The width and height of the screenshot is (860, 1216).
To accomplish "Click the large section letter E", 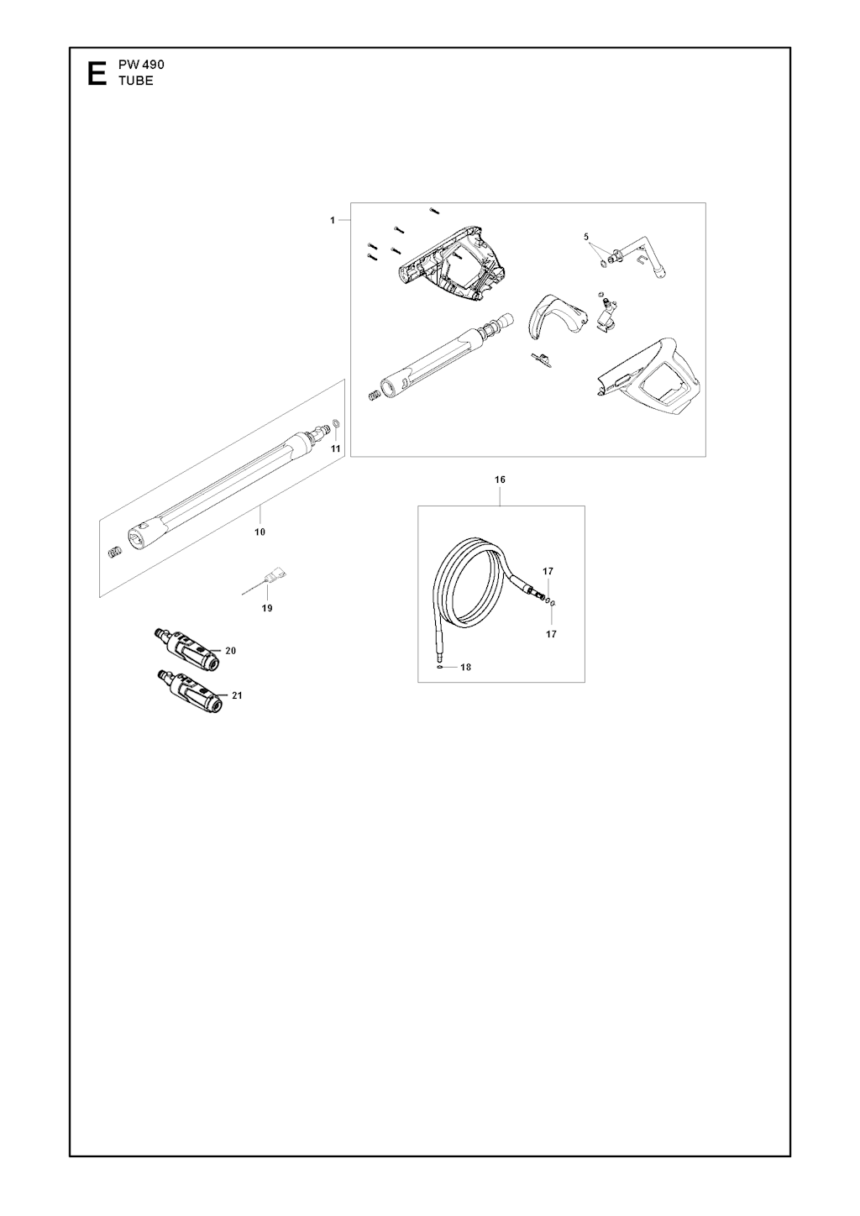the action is (97, 74).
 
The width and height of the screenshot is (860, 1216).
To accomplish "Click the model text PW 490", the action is (141, 65).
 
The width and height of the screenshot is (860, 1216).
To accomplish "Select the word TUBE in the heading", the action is (136, 81).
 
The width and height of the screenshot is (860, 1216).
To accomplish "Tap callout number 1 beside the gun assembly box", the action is (333, 220).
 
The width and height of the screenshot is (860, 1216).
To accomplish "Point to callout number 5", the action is (586, 237).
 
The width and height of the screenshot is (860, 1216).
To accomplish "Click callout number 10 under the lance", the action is (260, 532).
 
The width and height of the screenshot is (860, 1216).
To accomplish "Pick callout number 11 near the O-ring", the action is (336, 448).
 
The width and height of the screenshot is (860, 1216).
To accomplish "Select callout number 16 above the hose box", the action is (500, 480).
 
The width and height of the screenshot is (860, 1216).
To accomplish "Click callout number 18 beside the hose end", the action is (465, 667).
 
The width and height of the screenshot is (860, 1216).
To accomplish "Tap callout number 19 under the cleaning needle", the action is (266, 608).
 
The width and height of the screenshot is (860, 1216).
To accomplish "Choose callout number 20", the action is (231, 650).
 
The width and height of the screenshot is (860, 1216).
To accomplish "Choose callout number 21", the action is (237, 694).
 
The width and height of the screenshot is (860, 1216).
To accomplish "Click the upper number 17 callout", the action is (548, 571).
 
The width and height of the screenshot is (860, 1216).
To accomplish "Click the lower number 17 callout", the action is (551, 634).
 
